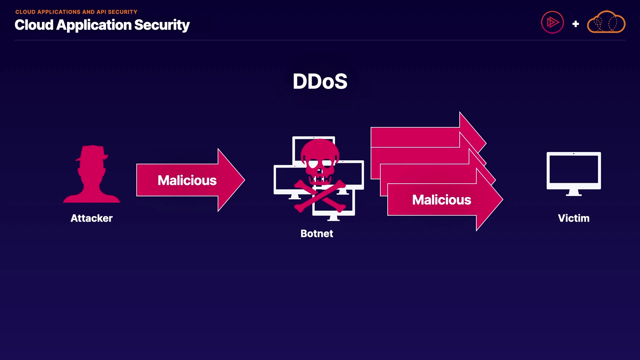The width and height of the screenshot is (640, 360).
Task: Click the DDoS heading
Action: pyautogui.click(x=320, y=81)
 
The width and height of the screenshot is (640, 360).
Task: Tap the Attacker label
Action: pyautogui.click(x=92, y=218)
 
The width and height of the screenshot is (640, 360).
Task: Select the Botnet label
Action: pyautogui.click(x=317, y=234)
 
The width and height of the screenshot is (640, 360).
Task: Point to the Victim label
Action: pyautogui.click(x=574, y=218)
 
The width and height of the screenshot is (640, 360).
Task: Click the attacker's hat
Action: pyautogui.click(x=92, y=153)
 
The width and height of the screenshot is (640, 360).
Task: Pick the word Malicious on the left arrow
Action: pyautogui.click(x=187, y=180)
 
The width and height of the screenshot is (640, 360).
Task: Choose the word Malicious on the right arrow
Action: pyautogui.click(x=442, y=200)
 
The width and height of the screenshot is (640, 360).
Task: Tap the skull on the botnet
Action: pyautogui.click(x=320, y=160)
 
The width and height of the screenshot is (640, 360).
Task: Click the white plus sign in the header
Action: pyautogui.click(x=575, y=24)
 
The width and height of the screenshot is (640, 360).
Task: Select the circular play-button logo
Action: pyautogui.click(x=552, y=23)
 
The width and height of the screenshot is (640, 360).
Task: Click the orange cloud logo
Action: pyautogui.click(x=606, y=23)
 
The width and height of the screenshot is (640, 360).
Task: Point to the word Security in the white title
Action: pyautogui.click(x=162, y=25)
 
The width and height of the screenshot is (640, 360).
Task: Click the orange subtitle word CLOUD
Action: pyautogui.click(x=25, y=12)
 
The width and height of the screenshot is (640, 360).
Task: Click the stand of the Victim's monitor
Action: pyautogui.click(x=574, y=192)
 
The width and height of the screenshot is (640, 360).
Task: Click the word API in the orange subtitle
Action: pyautogui.click(x=101, y=12)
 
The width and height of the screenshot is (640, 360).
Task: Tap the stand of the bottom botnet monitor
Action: pyautogui.click(x=333, y=218)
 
